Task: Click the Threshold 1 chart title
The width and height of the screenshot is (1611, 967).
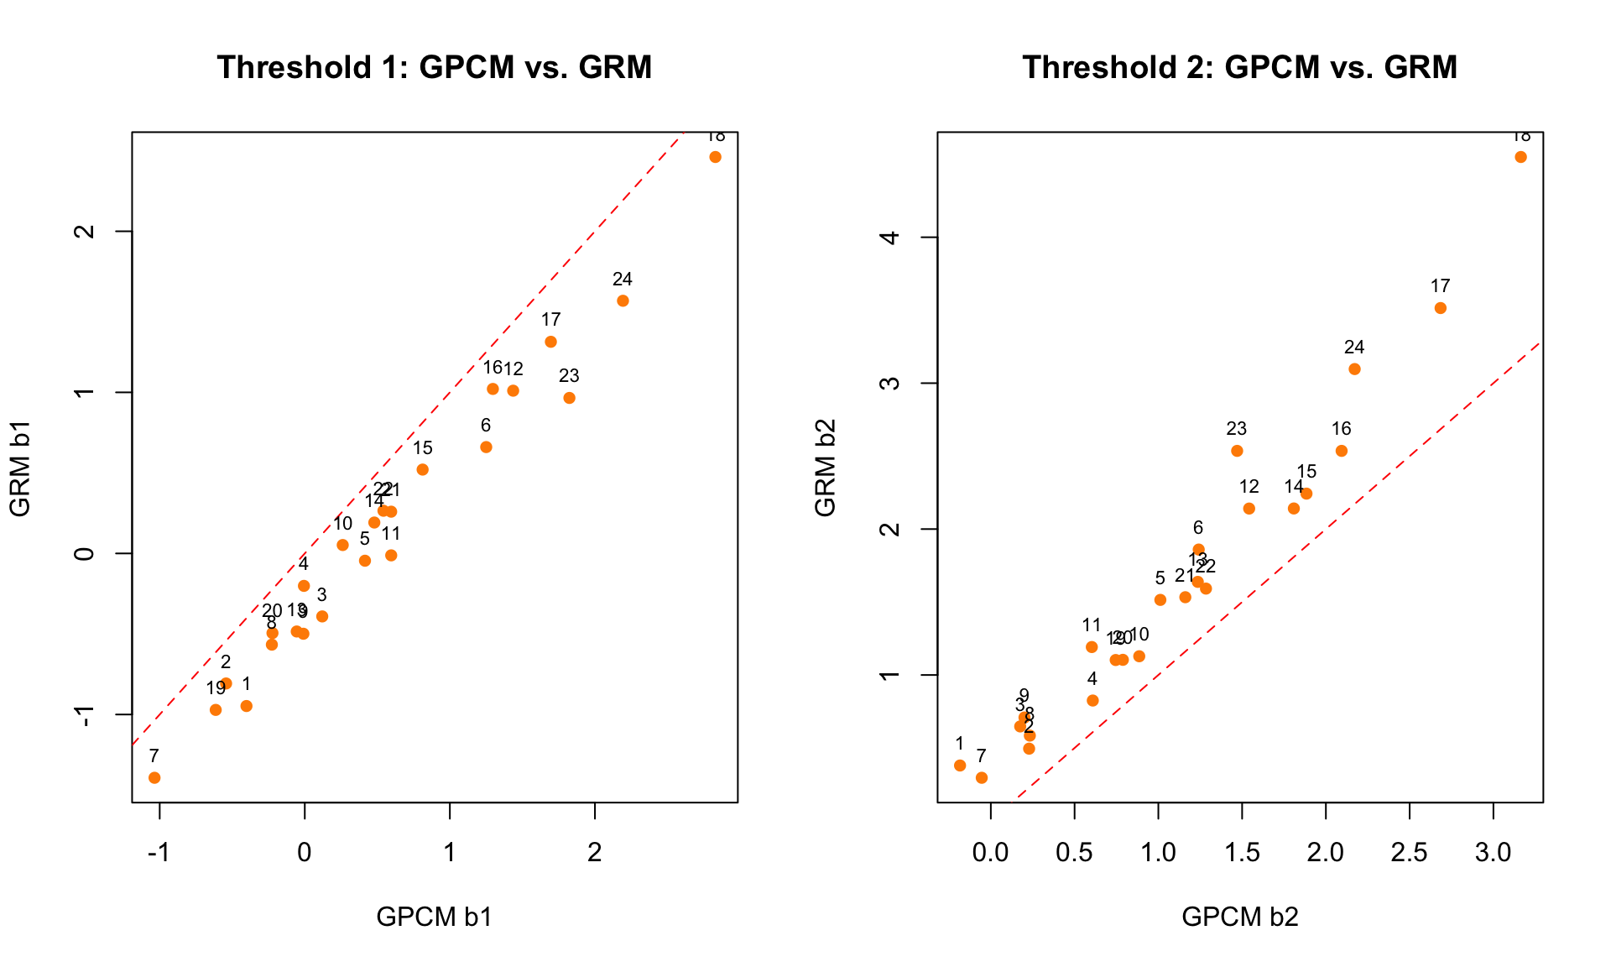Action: coord(434,67)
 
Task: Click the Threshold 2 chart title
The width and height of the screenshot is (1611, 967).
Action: coord(1239,67)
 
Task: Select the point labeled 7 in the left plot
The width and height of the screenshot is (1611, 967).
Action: coord(154,777)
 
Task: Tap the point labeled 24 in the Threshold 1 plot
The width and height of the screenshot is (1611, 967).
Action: coord(623,301)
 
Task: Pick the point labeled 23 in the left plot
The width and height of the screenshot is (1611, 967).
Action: coord(569,398)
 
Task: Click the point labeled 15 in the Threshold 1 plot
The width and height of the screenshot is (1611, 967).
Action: coord(423,469)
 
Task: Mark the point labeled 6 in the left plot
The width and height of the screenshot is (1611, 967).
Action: coord(486,447)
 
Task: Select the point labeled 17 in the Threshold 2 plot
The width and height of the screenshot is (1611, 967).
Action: coord(1440,308)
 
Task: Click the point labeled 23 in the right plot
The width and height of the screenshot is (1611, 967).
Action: coord(1237,451)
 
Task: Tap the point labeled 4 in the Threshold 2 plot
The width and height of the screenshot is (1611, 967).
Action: coord(1092,700)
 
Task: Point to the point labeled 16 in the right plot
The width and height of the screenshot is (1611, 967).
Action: coord(1341,451)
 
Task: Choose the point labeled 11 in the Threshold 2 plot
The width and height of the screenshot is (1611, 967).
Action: coord(1092,647)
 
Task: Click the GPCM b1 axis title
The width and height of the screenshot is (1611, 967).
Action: coord(434,917)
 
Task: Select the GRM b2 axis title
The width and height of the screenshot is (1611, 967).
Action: coord(826,468)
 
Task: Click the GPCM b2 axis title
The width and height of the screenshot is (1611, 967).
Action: coord(1239,917)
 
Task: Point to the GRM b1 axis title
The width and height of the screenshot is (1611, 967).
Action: coord(20,468)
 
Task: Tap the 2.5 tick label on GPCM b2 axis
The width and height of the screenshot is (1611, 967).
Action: coord(1409,853)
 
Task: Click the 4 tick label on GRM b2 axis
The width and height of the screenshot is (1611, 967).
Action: coord(891,238)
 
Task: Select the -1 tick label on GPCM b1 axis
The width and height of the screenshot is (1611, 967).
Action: coord(159,853)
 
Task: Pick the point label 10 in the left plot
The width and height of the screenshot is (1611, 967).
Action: coord(342,524)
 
